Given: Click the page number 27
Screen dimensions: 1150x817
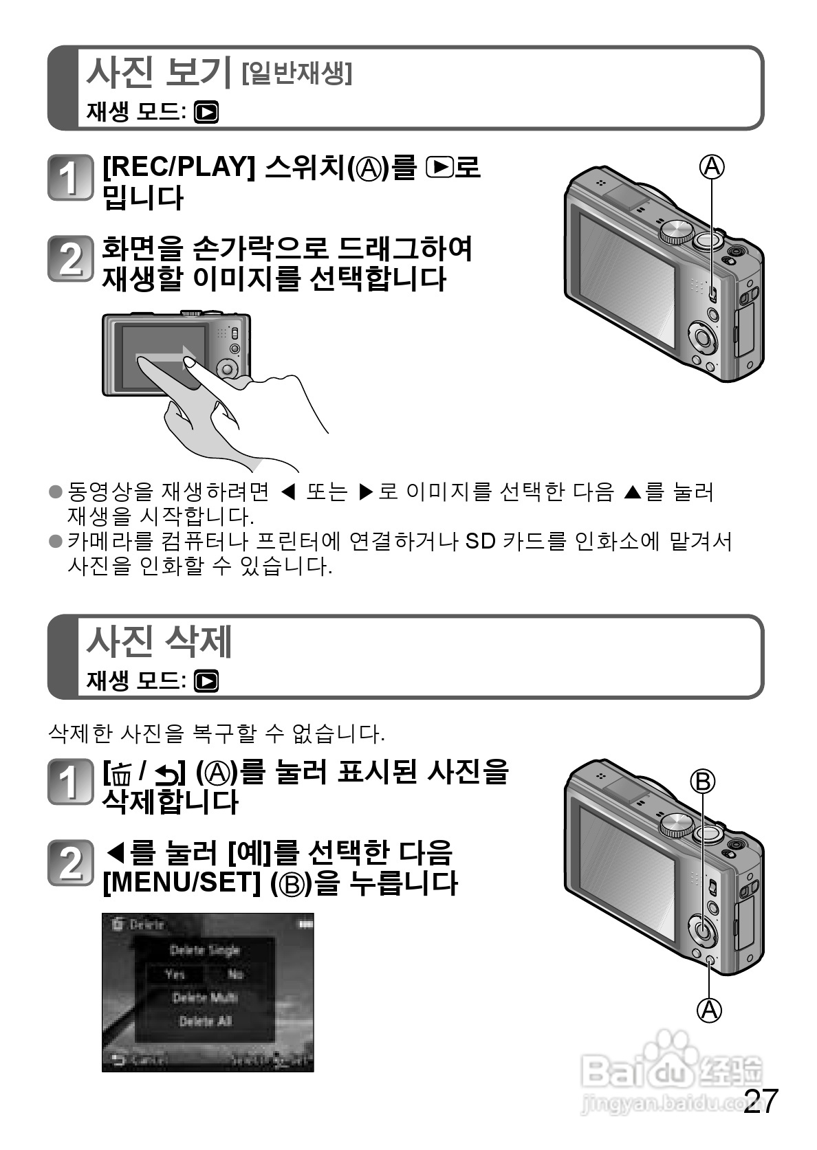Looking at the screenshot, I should pyautogui.click(x=761, y=1101).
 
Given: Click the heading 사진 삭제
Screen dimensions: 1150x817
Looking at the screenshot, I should pyautogui.click(x=158, y=641).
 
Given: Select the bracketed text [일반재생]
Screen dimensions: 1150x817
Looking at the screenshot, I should pyautogui.click(x=297, y=73).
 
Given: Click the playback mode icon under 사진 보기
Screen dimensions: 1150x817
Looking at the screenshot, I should pyautogui.click(x=206, y=111).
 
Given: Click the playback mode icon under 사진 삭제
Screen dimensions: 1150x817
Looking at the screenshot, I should pyautogui.click(x=206, y=681).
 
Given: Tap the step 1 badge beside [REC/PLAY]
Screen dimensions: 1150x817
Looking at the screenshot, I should pyautogui.click(x=69, y=178).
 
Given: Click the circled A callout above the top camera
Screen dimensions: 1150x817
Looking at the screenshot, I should pyautogui.click(x=712, y=166).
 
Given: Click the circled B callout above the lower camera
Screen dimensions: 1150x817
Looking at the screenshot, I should pyautogui.click(x=703, y=781).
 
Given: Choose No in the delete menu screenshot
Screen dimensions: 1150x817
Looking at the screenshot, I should pyautogui.click(x=235, y=974).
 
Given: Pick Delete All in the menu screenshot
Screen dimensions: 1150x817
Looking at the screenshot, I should pyautogui.click(x=205, y=1021).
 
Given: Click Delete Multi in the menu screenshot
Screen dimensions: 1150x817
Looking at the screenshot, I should pyautogui.click(x=205, y=997).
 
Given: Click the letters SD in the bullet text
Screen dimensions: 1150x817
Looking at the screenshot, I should pyautogui.click(x=480, y=542).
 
